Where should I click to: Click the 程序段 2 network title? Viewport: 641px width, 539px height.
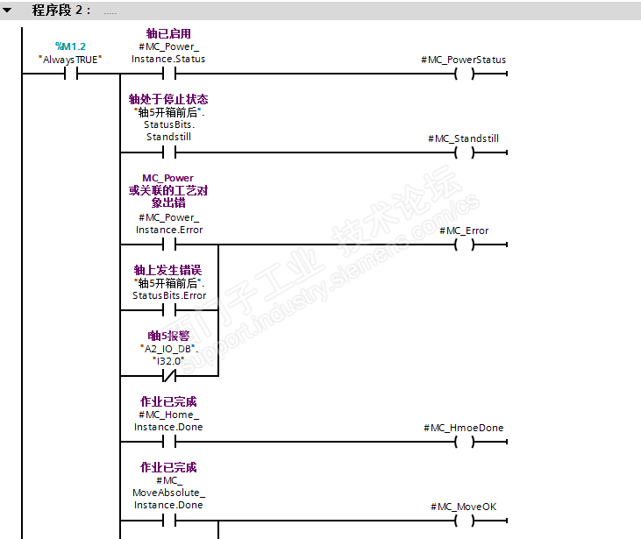coord(61,11)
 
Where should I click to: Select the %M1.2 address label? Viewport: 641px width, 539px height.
coord(70,46)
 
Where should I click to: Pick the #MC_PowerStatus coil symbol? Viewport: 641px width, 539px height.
coord(464,74)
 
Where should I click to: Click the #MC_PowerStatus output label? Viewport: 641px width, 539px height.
coord(464,60)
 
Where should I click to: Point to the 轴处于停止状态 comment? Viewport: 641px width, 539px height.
coord(168,99)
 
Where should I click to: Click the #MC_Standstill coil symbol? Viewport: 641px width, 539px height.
coord(464,152)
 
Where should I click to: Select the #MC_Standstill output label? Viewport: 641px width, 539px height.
coord(464,138)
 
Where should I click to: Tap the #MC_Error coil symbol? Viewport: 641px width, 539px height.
coord(464,245)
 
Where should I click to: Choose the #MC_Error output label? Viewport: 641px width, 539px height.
coord(464,230)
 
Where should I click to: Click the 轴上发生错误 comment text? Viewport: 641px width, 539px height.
coord(168,270)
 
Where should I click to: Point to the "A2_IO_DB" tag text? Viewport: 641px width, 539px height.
coord(168,348)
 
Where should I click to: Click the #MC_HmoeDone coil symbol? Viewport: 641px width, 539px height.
coord(464,442)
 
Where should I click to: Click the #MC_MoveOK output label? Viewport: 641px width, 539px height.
coord(464,507)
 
